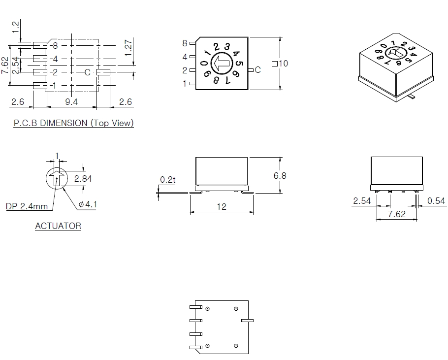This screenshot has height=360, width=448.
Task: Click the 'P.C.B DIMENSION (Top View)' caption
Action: pyautogui.click(x=73, y=123)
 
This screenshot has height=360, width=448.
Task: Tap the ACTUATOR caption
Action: pyautogui.click(x=58, y=226)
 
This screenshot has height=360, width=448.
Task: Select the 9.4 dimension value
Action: pyautogui.click(x=71, y=102)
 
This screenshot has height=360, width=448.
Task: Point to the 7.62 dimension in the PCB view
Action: pyautogui.click(x=5, y=65)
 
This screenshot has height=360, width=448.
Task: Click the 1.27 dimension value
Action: pyautogui.click(x=129, y=48)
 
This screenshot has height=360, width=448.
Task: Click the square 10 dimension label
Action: pyautogui.click(x=280, y=64)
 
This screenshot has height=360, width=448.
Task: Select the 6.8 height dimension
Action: pyautogui.click(x=280, y=176)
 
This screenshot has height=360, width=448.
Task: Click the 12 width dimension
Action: pyautogui.click(x=222, y=207)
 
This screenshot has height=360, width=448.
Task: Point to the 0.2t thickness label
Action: pyautogui.click(x=167, y=180)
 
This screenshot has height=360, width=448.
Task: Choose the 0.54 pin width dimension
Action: pyautogui.click(x=437, y=201)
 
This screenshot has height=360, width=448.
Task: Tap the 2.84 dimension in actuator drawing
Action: pyautogui.click(x=83, y=179)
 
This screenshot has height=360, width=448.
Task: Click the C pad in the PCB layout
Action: pyautogui.click(x=103, y=72)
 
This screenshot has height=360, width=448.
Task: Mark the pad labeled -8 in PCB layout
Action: pyautogui.click(x=40, y=45)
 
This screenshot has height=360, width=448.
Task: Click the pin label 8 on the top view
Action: pyautogui.click(x=185, y=43)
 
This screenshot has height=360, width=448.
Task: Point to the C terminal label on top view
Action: pyautogui.click(x=257, y=70)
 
